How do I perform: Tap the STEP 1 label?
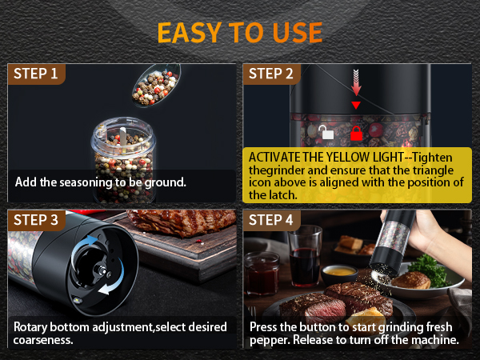click(x=36, y=74)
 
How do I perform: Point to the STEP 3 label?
click(x=36, y=220)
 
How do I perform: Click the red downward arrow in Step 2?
click(x=357, y=82)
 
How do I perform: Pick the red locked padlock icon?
click(x=356, y=134)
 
